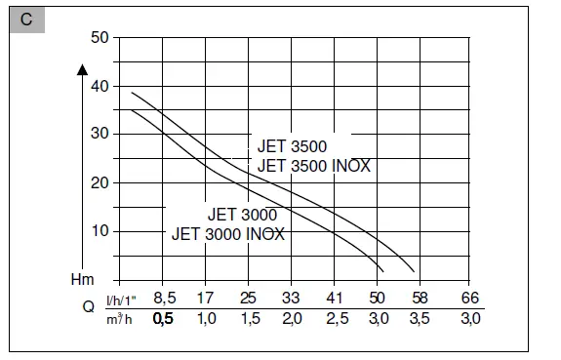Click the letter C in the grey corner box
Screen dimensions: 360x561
click(x=26, y=19)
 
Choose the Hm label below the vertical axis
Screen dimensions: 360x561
click(x=84, y=279)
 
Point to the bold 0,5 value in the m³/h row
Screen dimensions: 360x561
click(x=164, y=319)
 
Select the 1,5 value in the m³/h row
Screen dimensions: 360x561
click(x=249, y=319)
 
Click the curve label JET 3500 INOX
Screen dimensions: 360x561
click(x=313, y=166)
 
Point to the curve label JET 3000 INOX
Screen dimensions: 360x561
click(x=228, y=234)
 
